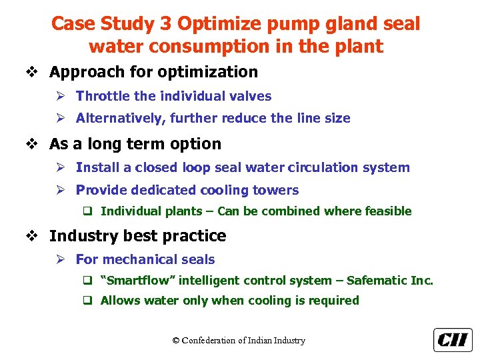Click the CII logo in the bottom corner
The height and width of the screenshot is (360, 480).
[x=453, y=340]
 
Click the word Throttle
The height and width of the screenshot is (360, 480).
[x=102, y=96]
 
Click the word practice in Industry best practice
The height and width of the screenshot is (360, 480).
[x=195, y=236]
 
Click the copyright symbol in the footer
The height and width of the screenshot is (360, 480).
[x=176, y=341]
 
